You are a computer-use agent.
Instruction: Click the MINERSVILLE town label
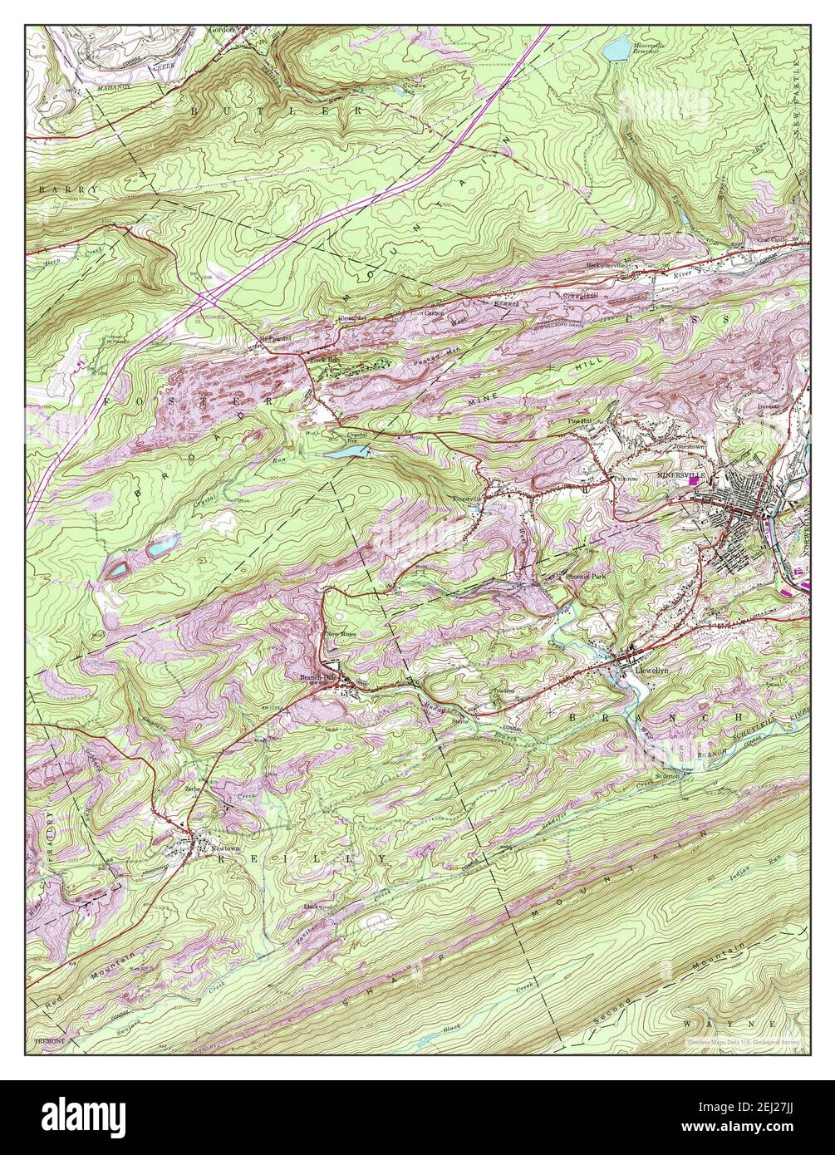click(680, 474)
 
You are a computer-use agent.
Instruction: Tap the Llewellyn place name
click(651, 668)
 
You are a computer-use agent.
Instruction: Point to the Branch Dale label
click(317, 677)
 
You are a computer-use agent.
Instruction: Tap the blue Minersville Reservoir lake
click(616, 52)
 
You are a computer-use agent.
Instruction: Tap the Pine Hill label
click(579, 422)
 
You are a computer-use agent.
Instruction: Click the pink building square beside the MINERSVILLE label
click(693, 491)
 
